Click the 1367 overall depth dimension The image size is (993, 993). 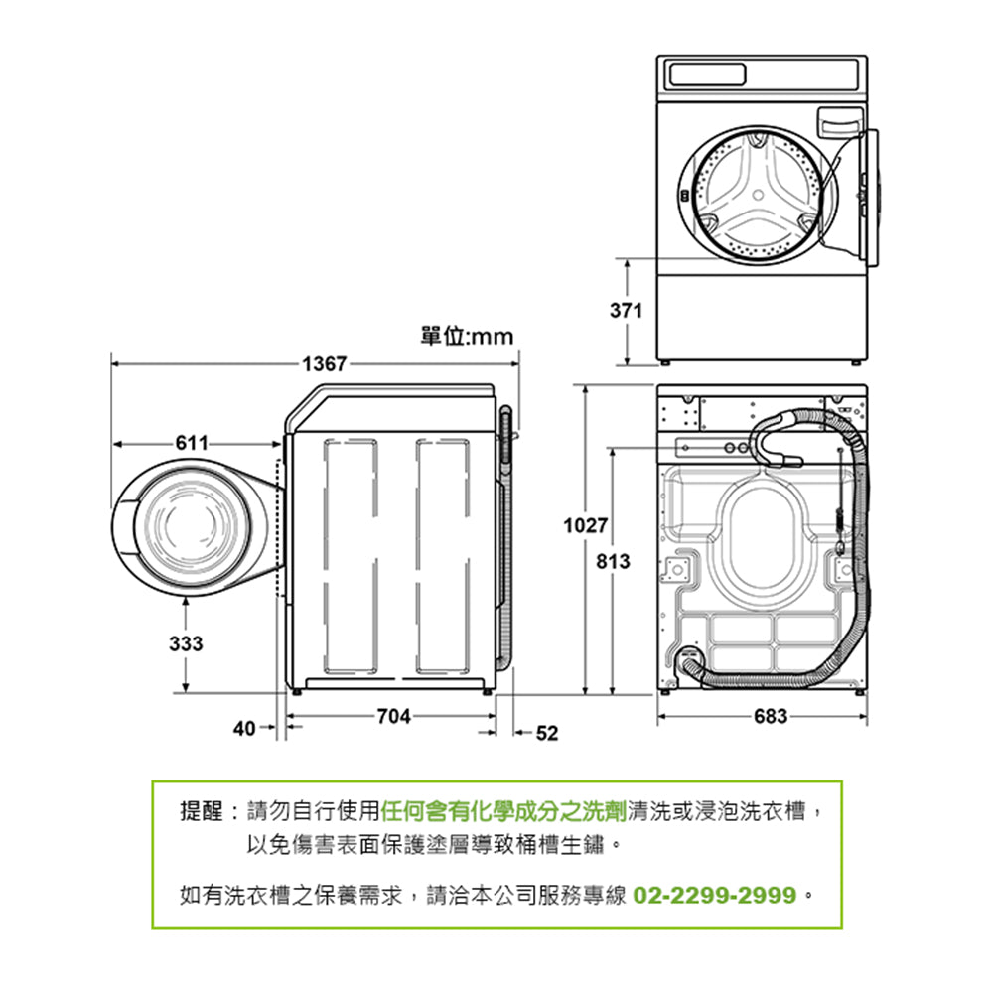[x=325, y=364]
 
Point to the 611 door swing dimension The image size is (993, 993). [x=193, y=443]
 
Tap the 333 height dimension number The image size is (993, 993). [x=185, y=644]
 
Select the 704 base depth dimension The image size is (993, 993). [x=394, y=714]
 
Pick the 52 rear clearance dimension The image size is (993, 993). [x=547, y=733]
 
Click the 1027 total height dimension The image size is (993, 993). [x=585, y=524]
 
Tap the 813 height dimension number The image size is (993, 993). [x=614, y=563]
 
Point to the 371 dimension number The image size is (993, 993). [x=627, y=311]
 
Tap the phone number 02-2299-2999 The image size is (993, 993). [x=715, y=896]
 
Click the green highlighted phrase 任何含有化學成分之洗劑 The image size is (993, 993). [x=503, y=812]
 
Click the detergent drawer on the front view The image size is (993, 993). [x=837, y=123]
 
